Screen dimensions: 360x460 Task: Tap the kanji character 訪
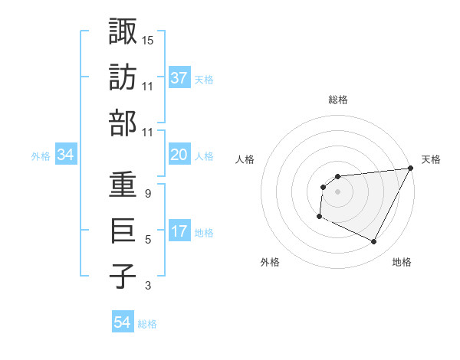(123, 77)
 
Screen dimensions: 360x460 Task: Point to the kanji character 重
(123, 185)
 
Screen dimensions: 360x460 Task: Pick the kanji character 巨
(123, 231)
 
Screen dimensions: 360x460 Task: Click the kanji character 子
(123, 277)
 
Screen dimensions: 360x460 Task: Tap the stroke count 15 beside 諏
(148, 39)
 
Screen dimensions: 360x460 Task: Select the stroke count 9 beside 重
(147, 194)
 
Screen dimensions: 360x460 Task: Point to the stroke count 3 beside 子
(147, 286)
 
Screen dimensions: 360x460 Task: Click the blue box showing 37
(179, 77)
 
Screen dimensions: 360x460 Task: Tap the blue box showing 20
(179, 155)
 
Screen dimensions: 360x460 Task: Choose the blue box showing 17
(179, 232)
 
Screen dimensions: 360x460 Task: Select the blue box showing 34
(65, 155)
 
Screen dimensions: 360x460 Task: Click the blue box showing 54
(123, 323)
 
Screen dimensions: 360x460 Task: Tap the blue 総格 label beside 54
(147, 324)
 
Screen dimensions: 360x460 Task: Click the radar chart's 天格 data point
(410, 169)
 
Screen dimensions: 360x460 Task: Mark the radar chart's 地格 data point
(374, 242)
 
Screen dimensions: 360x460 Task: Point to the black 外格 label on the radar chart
(270, 262)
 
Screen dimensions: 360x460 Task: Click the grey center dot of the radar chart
(337, 191)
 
